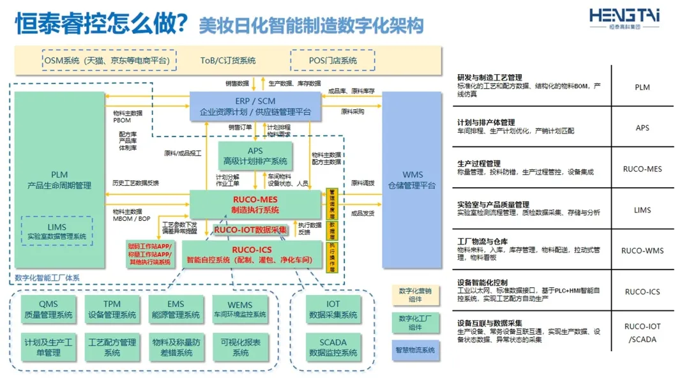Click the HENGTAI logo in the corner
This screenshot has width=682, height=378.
point(624,19)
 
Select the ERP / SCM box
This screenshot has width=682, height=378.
point(255,106)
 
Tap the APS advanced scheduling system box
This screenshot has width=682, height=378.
point(255,156)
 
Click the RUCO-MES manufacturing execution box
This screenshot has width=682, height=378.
point(255,204)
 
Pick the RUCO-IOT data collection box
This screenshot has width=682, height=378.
point(250,230)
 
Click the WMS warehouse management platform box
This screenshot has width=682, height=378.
point(412,179)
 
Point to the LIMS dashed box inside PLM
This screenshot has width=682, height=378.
point(56,231)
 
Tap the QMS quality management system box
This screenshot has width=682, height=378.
point(48,309)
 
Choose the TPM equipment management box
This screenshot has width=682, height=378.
point(112,309)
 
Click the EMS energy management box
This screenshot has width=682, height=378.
point(176,309)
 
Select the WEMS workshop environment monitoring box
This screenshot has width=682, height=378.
point(239,309)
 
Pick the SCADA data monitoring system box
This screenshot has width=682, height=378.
point(333,347)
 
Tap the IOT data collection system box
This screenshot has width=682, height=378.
point(333,309)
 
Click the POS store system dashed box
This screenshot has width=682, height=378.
point(333,61)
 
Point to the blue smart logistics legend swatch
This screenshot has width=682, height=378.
point(415,350)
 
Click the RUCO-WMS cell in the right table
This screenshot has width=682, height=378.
point(642,251)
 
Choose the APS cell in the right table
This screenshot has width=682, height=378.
point(642,128)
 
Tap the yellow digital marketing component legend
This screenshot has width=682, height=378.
point(415,294)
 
